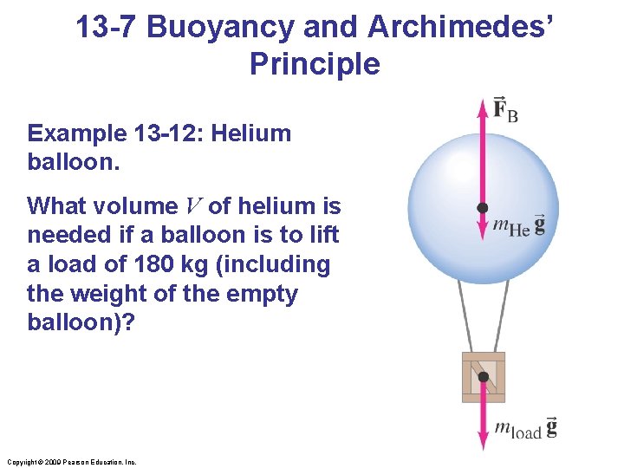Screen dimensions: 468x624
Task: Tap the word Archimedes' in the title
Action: point(458,28)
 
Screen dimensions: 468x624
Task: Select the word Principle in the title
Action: point(314,64)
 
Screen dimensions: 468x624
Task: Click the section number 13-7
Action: point(106,28)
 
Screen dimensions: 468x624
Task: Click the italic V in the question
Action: point(193,206)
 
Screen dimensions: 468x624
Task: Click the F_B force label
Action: point(504,110)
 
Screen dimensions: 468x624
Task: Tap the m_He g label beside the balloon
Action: point(518,225)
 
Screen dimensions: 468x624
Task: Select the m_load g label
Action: point(525,427)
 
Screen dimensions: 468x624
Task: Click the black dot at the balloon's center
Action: point(483,208)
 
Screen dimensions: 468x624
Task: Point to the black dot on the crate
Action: point(484,377)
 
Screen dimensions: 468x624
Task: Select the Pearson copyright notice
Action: point(70,462)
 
